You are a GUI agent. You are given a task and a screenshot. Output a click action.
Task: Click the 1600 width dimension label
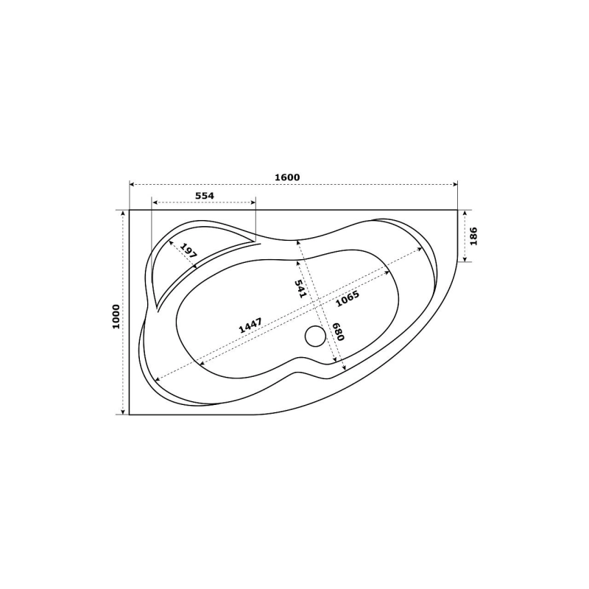click(287, 177)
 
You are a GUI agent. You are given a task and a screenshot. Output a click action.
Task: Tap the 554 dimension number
click(205, 196)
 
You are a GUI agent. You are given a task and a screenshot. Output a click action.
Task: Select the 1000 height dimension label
click(116, 317)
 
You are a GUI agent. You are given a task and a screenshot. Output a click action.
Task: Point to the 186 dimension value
click(473, 236)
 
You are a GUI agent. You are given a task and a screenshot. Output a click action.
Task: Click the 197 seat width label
click(188, 250)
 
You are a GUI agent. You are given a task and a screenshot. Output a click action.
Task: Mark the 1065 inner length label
click(348, 299)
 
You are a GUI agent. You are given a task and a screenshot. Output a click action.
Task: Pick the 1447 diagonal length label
click(250, 325)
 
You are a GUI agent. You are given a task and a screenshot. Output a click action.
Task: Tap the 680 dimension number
click(338, 331)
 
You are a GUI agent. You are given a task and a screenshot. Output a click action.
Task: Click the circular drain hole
click(315, 336)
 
